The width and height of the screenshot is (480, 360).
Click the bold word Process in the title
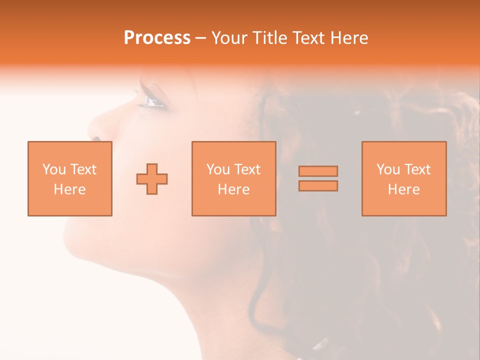coord(157,38)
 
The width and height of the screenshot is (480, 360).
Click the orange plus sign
coord(152,178)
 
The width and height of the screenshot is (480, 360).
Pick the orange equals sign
coord(318,178)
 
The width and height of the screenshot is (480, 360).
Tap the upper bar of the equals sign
coord(318,171)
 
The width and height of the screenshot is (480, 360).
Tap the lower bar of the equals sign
coord(318,185)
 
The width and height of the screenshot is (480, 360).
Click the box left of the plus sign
coord(70,178)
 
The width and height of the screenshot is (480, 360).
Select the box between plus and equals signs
coord(233,178)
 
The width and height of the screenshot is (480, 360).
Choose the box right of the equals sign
coord(404,178)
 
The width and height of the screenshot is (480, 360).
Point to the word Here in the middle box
coord(233,189)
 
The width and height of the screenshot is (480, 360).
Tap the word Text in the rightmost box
coord(417,169)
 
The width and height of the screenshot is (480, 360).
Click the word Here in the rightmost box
coord(404,189)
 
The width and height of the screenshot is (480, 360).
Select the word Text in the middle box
coord(247,169)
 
